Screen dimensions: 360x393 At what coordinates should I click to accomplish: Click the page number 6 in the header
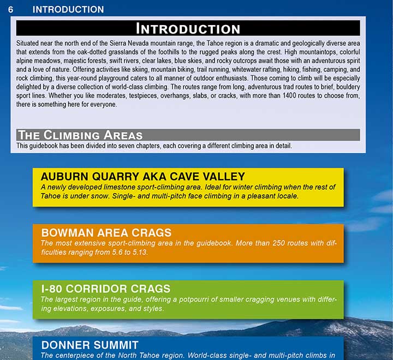coord(11,9)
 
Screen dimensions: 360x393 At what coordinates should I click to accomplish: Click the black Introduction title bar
coord(188,28)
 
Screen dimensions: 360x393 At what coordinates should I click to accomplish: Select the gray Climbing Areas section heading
coord(80,135)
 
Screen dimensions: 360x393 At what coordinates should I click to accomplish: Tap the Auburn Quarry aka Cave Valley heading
coord(142,176)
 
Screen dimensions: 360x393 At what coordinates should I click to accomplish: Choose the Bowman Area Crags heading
coord(106,232)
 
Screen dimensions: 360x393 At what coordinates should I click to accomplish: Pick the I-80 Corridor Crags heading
coord(106,289)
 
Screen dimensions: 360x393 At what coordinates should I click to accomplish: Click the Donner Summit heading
coord(90,345)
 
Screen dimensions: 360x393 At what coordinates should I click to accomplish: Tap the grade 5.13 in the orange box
coord(139,252)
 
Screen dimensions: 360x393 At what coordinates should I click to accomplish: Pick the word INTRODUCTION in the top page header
coord(68,9)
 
